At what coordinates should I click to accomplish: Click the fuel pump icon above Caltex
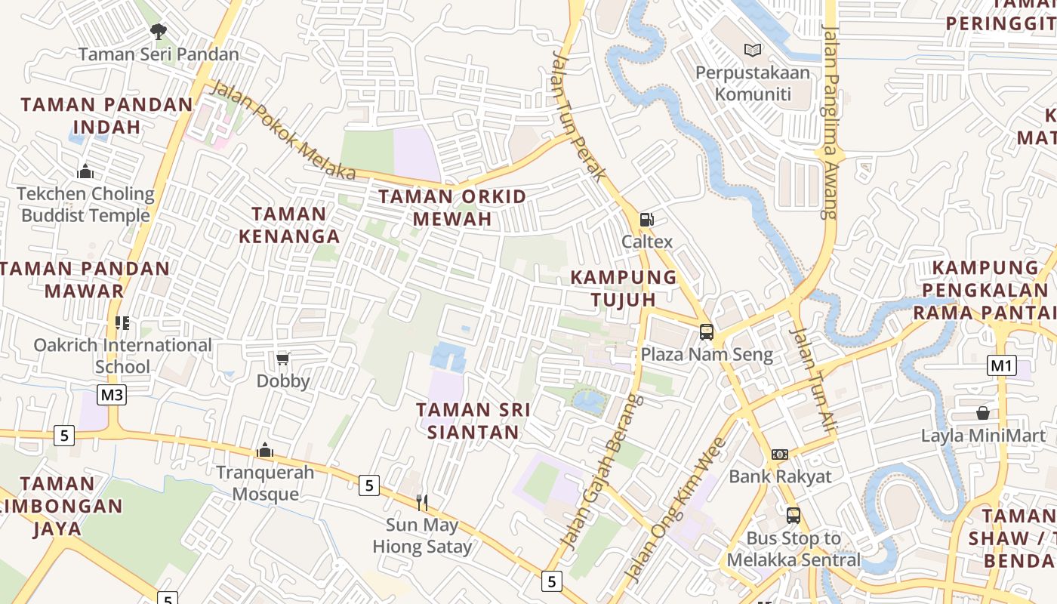[x=646, y=220]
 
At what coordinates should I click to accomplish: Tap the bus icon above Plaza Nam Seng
[x=707, y=331]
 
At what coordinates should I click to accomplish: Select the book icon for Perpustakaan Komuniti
[x=752, y=50]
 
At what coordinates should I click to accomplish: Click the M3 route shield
[x=112, y=394]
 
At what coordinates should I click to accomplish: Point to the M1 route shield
[x=1001, y=366]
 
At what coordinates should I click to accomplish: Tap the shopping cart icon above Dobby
[x=283, y=358]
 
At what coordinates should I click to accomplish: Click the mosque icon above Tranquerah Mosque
[x=264, y=450]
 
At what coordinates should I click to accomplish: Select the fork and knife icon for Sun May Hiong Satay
[x=422, y=502]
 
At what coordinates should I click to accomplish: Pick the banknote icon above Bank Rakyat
[x=780, y=455]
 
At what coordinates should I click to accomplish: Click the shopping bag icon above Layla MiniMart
[x=982, y=413]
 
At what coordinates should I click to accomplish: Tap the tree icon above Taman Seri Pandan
[x=158, y=32]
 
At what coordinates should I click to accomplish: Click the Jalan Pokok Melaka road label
[x=282, y=130]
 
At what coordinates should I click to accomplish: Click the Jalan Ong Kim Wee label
[x=676, y=510]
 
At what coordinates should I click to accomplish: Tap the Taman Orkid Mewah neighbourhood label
[x=452, y=208]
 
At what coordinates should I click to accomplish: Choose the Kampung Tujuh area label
[x=624, y=288]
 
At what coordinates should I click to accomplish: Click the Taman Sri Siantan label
[x=473, y=421]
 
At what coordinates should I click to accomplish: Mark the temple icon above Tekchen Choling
[x=85, y=171]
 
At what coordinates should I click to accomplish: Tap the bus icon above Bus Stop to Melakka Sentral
[x=793, y=516]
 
